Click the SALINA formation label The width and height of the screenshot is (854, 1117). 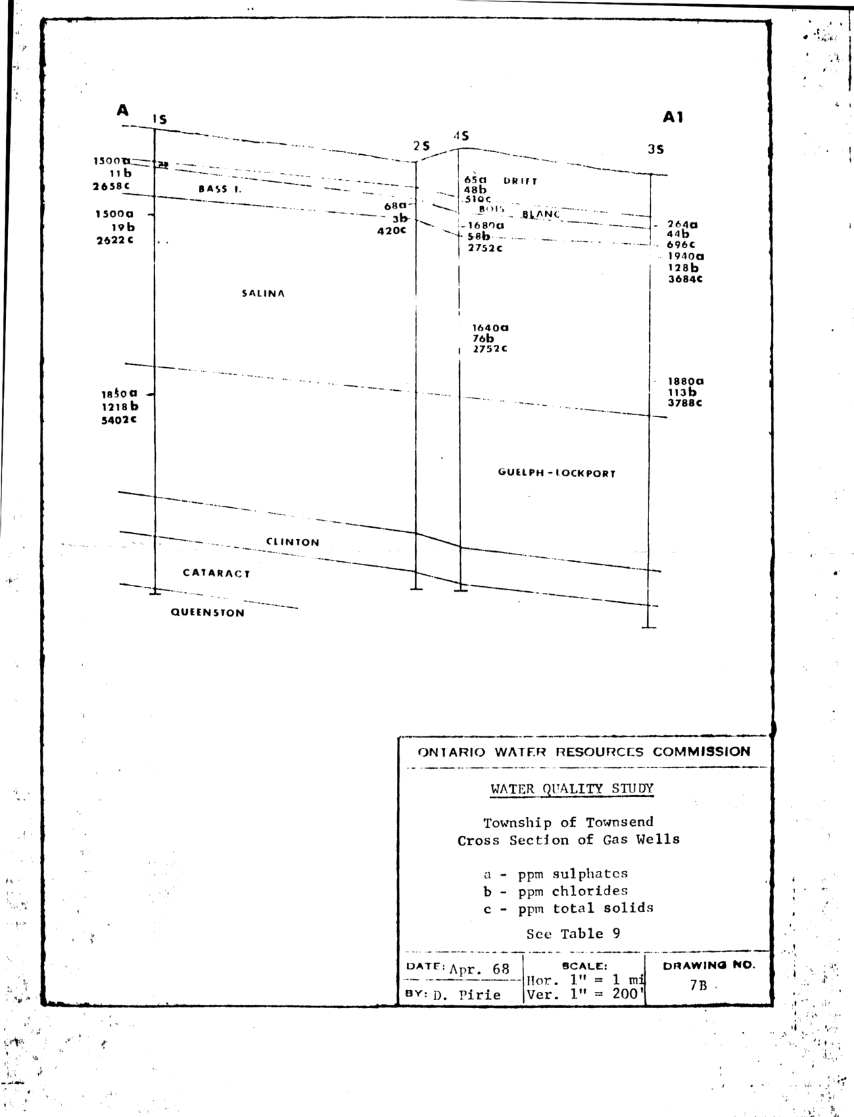point(263,293)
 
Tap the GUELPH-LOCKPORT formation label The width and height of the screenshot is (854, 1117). point(556,473)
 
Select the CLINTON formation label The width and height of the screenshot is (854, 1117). point(292,542)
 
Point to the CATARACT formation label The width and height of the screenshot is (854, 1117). point(216,573)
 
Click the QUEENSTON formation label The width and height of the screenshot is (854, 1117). point(208,613)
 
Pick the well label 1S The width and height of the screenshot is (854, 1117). point(160,120)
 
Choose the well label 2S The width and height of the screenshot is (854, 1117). point(421,146)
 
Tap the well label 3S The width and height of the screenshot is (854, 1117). point(655,150)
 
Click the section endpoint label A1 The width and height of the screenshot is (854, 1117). point(673,117)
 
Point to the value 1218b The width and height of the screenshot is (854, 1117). point(120,406)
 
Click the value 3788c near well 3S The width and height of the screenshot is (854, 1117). point(685,403)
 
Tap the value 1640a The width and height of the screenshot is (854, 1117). point(490,328)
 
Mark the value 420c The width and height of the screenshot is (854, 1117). point(392,230)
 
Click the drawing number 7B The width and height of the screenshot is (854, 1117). point(698,985)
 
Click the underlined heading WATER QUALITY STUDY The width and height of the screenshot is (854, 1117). point(571,788)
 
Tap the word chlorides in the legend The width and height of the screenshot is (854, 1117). point(590,891)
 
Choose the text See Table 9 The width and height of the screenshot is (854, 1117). point(573,934)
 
